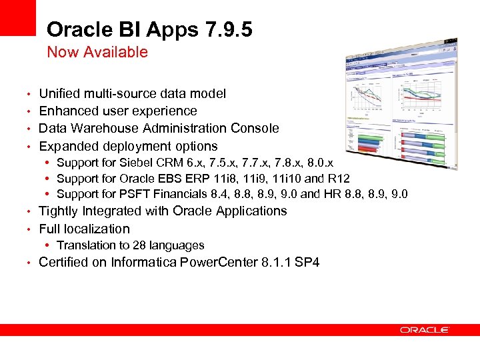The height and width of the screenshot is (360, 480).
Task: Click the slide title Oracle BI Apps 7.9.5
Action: (x=149, y=30)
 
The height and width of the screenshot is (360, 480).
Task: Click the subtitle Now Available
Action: (x=97, y=52)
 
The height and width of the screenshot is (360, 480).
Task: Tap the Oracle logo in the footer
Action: (x=425, y=330)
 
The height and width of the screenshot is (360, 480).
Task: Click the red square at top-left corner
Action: (x=17, y=17)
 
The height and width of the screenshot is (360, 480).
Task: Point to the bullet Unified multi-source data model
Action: (x=132, y=94)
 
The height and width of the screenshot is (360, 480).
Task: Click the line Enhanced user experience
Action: (x=118, y=111)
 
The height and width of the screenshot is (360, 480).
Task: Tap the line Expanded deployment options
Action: (x=128, y=146)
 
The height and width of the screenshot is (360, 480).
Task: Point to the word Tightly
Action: (x=59, y=211)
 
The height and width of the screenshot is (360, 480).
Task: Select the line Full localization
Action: (x=84, y=229)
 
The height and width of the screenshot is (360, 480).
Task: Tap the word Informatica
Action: (x=145, y=262)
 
